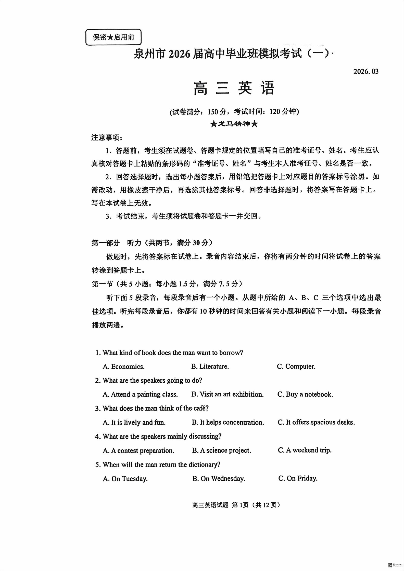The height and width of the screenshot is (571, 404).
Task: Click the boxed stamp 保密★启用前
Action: [113, 37]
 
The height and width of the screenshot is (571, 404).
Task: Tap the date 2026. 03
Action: [365, 71]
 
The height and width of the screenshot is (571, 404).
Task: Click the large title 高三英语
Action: [234, 88]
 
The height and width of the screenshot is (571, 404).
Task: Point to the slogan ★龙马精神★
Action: [234, 124]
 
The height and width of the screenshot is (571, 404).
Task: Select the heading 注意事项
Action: [107, 138]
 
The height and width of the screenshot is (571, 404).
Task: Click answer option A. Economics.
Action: [123, 367]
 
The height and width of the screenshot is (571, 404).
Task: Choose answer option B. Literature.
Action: [210, 367]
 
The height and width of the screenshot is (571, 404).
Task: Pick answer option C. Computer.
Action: [296, 367]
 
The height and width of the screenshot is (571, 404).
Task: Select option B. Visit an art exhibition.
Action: [228, 394]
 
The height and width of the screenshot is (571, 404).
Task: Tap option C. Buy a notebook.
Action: [305, 394]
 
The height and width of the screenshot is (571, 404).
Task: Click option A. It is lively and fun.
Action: [134, 422]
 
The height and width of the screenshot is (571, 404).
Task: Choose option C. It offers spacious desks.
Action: [316, 422]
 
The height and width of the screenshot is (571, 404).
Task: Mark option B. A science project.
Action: [221, 450]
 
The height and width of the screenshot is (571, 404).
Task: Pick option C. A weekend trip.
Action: [305, 450]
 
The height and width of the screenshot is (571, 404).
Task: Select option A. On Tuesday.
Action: [125, 478]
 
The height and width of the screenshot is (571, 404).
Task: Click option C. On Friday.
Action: [298, 478]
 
